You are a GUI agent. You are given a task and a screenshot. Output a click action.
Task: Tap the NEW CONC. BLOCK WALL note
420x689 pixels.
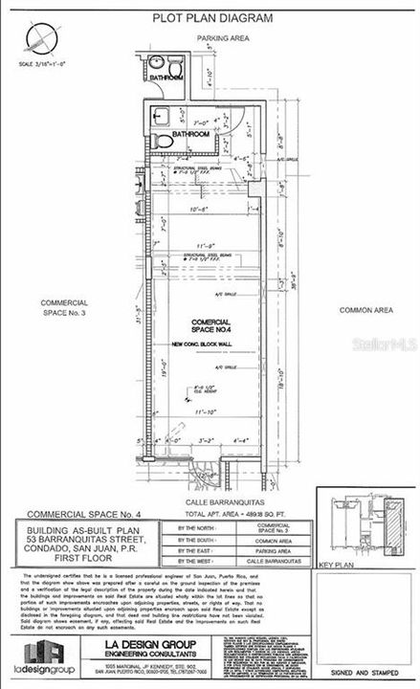click(x=209, y=344)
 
